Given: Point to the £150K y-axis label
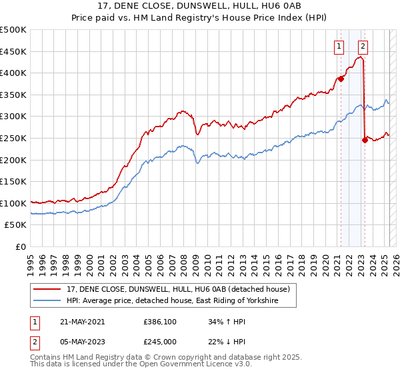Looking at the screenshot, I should [x=13, y=181].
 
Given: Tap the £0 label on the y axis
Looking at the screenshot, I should [x=20, y=246].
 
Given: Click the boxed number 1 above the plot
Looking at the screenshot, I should [x=339, y=46].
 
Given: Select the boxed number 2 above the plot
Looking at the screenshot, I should [x=363, y=46].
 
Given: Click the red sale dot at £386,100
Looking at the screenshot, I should [x=341, y=79].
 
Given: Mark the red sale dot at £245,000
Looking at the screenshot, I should [x=365, y=140].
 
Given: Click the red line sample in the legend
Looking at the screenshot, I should [x=48, y=289].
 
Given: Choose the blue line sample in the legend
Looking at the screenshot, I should [x=48, y=301].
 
